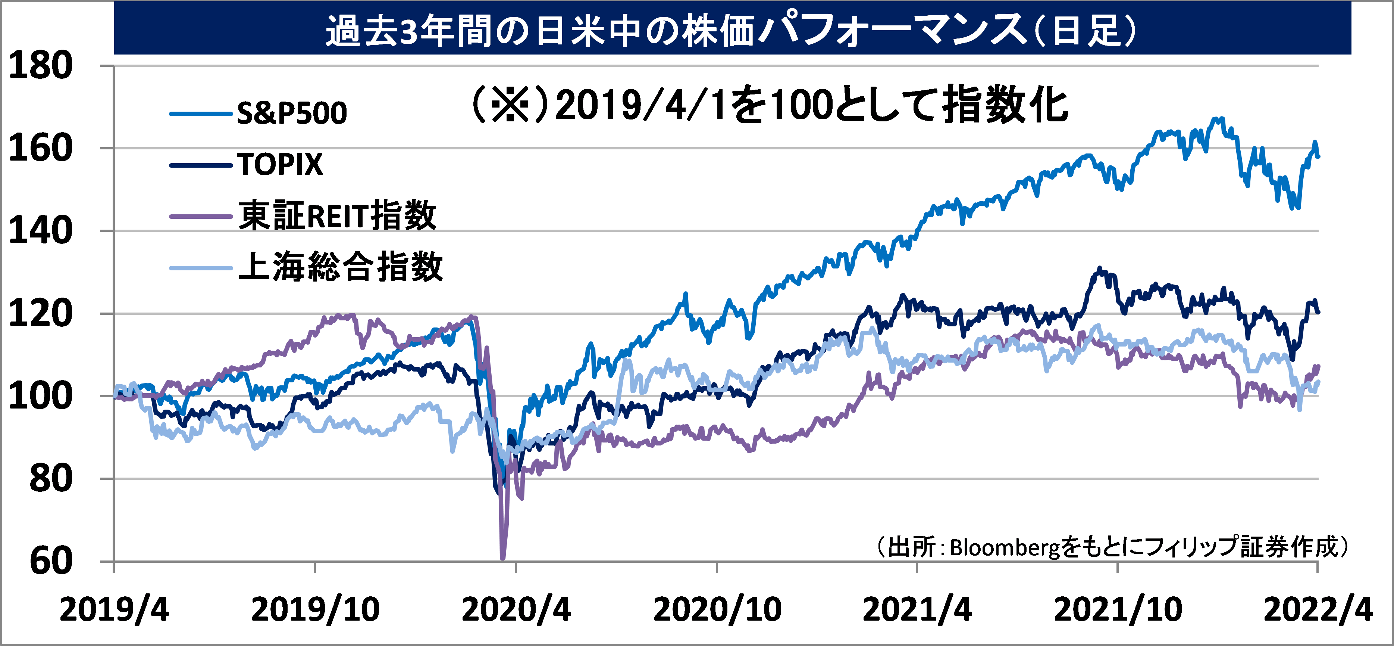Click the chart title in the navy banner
point(730,30)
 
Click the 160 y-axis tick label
point(41,148)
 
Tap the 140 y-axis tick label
point(41,231)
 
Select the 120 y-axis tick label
point(41,314)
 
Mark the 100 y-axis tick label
point(41,396)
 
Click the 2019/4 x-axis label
point(114,610)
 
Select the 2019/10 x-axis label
point(316,610)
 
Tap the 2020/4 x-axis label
point(516,610)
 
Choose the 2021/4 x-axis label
point(917,610)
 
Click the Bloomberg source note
point(1112,547)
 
